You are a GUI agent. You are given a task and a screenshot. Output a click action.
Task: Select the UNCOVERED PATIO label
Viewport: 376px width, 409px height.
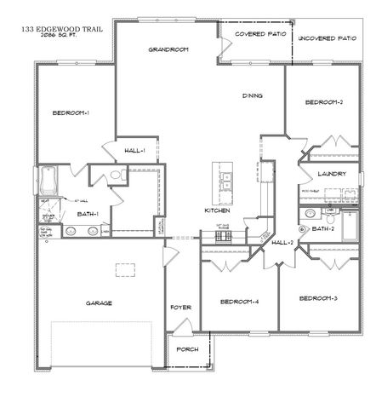click(x=327, y=38)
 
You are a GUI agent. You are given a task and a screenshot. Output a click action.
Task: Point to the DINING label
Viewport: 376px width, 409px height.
click(x=252, y=95)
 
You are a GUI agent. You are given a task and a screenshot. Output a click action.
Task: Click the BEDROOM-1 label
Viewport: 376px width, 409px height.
click(x=71, y=113)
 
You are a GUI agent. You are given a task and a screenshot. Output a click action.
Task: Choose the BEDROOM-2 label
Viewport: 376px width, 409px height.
click(x=323, y=103)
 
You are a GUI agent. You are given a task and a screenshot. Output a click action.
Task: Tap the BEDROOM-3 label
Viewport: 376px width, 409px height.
click(x=319, y=297)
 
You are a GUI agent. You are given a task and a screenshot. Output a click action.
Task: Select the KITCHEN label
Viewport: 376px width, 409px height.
click(x=219, y=210)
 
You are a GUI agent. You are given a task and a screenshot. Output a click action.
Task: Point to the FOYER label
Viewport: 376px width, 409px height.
click(x=179, y=307)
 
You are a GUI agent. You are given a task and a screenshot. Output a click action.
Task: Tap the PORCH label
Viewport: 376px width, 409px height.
click(x=186, y=349)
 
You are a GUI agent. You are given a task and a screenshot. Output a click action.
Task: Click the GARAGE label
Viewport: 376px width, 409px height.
click(x=99, y=302)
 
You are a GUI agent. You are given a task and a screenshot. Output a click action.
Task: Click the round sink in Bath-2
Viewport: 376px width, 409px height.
click(x=302, y=228)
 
